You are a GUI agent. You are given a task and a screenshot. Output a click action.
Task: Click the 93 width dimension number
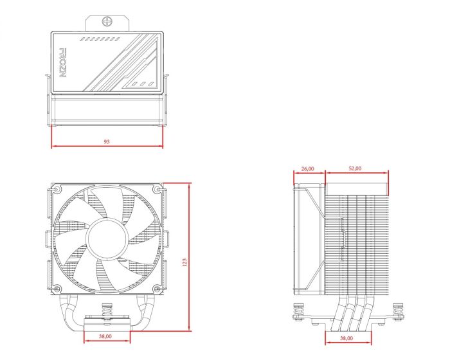point(106,141)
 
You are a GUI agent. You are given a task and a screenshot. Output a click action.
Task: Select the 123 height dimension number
point(185,262)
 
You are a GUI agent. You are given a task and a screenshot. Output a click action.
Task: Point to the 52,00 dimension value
point(355,168)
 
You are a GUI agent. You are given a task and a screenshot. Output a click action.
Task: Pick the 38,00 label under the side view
point(346,338)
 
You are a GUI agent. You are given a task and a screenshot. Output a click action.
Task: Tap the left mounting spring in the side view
point(298,312)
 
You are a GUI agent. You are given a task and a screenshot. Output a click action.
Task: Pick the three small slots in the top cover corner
point(141,84)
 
